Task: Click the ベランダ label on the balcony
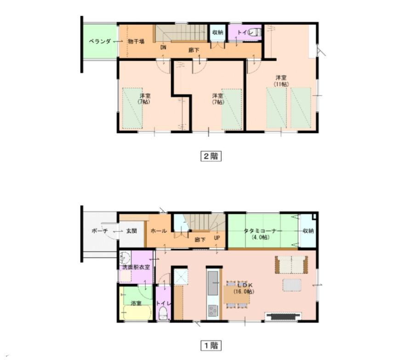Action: click(99, 41)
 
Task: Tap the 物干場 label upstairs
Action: click(136, 41)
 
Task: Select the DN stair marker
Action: click(163, 47)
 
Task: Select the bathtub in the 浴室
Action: click(137, 314)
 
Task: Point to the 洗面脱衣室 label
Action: click(136, 267)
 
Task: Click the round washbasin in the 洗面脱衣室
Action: click(124, 257)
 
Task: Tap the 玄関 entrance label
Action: click(131, 231)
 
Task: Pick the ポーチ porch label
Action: click(99, 231)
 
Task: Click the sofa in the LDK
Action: click(291, 265)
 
